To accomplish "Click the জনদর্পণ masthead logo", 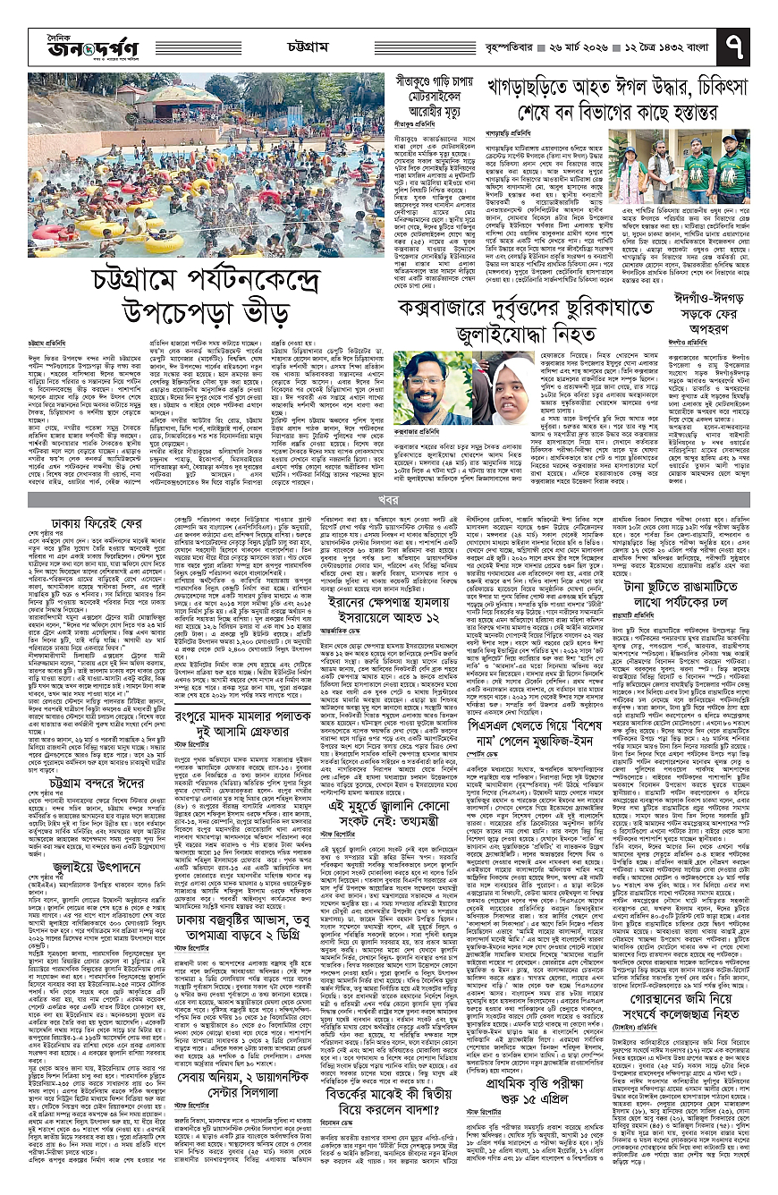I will pos(66,38).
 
